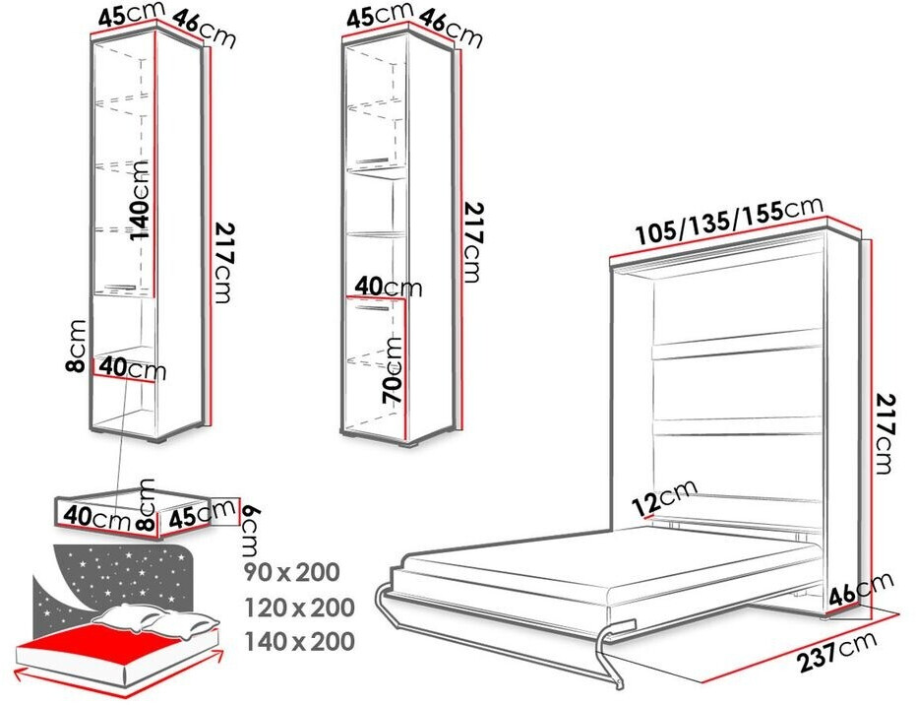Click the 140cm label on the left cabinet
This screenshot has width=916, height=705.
click(140, 200)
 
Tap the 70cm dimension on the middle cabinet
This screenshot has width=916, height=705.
click(393, 370)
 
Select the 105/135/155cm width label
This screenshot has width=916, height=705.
click(728, 221)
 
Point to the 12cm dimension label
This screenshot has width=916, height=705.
click(665, 497)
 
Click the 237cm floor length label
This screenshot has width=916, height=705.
click(837, 650)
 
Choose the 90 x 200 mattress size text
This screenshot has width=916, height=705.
click(291, 572)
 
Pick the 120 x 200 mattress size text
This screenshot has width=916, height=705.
click(299, 608)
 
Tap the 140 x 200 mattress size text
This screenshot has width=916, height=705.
click(299, 642)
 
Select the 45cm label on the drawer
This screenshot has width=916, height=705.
click(198, 514)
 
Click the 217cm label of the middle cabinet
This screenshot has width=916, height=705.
click(473, 242)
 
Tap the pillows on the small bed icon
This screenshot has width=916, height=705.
click(157, 620)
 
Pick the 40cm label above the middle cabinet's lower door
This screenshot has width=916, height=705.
click(388, 287)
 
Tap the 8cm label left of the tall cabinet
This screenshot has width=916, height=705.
click(77, 346)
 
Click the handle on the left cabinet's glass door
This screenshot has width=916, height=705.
click(120, 288)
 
